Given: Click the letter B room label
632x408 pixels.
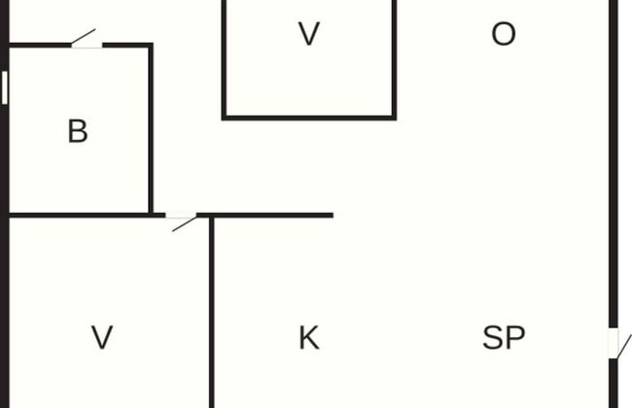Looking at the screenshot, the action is [78, 131].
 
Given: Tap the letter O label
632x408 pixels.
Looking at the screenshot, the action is [504, 34].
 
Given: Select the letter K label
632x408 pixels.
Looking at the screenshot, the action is [309, 337].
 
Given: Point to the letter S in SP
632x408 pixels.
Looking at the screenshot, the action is [493, 337].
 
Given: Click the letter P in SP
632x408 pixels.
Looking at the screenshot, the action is [515, 337].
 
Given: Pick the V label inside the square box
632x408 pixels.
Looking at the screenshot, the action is [309, 34].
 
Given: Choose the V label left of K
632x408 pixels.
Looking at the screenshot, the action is [102, 337].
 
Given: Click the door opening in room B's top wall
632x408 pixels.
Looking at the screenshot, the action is [87, 45].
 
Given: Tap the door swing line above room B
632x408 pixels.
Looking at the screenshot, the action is [84, 36].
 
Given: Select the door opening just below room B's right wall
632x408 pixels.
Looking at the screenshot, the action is [181, 216].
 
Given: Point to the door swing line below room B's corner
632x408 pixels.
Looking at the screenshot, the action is [185, 224].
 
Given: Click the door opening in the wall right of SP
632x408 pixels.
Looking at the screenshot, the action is [614, 343].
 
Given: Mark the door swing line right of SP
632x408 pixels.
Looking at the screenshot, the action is [625, 346].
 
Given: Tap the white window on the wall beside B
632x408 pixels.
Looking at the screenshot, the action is [5, 87].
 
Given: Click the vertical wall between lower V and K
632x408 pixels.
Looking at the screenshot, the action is [212, 312].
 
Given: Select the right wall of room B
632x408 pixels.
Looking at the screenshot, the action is [151, 129].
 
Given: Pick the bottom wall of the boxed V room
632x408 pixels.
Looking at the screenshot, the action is [309, 118].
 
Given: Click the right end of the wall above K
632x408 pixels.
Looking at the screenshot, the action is [333, 216].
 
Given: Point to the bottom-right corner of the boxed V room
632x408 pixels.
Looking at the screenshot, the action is [394, 118].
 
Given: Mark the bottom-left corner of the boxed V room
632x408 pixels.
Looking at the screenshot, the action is [224, 118].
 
